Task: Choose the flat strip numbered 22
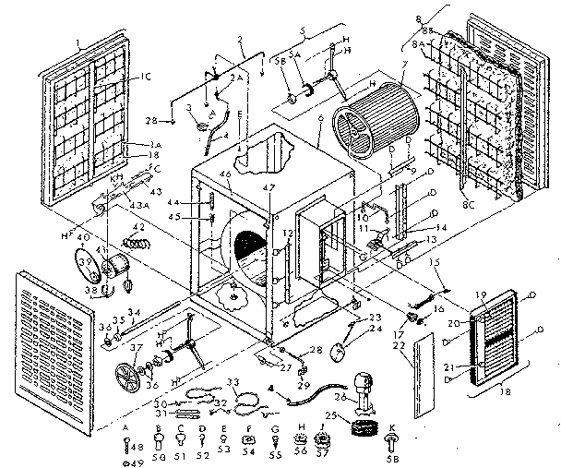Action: click(426, 376)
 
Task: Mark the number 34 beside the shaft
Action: click(134, 311)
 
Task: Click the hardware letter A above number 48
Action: click(126, 426)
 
